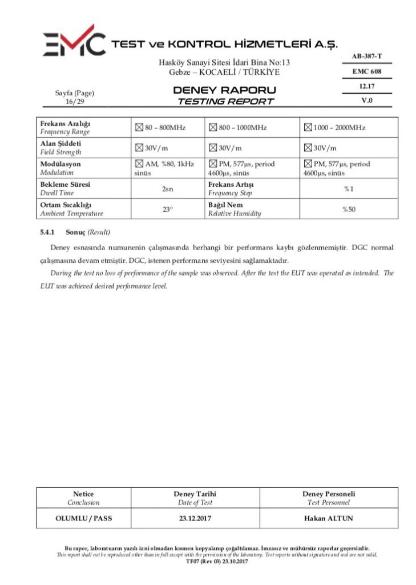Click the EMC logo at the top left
click(74, 42)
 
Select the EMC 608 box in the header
click(366, 71)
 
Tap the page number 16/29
click(75, 102)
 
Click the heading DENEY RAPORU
click(224, 90)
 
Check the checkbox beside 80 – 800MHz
click(139, 127)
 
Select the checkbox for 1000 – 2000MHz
click(308, 127)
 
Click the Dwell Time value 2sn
click(168, 189)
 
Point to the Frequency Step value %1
click(349, 189)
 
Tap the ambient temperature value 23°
click(168, 209)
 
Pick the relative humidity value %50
click(349, 209)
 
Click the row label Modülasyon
click(60, 164)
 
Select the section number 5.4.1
click(47, 233)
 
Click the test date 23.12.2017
click(195, 519)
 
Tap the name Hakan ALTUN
click(328, 519)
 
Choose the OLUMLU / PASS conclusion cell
click(83, 519)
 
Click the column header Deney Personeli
click(328, 494)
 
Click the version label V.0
click(366, 101)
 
